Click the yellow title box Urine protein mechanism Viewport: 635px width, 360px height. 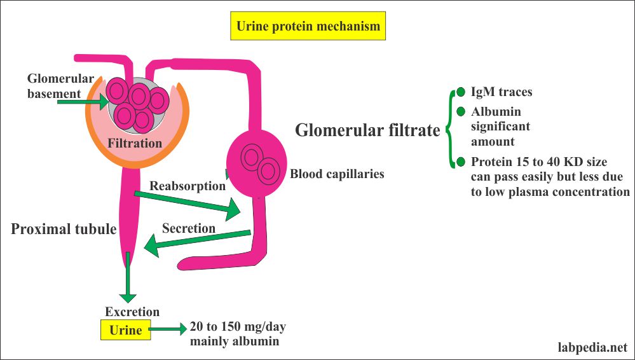click(308, 27)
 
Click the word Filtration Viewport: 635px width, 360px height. click(134, 143)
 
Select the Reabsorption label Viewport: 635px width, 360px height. click(188, 186)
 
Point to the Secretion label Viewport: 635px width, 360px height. click(189, 228)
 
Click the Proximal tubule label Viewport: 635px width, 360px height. click(64, 229)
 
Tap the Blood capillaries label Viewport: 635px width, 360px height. click(337, 173)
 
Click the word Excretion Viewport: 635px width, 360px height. click(132, 312)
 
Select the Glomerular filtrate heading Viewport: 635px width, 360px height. click(368, 130)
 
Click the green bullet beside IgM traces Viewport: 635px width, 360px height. click(461, 92)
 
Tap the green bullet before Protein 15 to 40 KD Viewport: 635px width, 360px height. click(461, 161)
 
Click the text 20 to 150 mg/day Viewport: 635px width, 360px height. click(237, 328)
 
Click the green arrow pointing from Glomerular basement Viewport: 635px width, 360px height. click(96, 99)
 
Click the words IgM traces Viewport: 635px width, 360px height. click(502, 92)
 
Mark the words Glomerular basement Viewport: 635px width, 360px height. click(55, 85)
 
